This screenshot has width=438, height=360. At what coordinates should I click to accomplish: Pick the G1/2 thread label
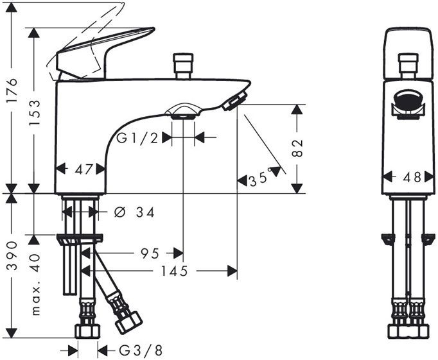[137, 137]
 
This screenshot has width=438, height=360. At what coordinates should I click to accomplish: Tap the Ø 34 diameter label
[136, 212]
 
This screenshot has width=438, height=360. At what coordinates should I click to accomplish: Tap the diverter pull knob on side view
[182, 65]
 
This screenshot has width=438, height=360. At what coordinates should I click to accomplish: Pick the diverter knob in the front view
[406, 65]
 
